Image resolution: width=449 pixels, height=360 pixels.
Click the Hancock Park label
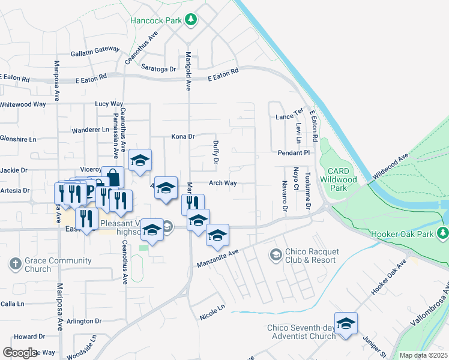[156, 20]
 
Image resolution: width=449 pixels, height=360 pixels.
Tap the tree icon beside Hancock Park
[191, 20]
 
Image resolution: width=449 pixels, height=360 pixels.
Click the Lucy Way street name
[109, 104]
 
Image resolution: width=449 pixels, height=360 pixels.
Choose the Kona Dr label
[183, 136]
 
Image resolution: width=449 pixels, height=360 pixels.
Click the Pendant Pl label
[293, 153]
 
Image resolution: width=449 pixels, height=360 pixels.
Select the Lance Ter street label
[289, 116]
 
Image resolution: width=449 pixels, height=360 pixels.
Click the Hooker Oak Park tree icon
[444, 232]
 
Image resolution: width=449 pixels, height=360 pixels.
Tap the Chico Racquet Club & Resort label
[312, 256]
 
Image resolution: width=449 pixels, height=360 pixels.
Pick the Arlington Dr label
[84, 322]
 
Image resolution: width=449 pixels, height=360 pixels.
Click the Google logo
[20, 353]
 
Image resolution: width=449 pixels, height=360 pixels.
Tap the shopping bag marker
[112, 178]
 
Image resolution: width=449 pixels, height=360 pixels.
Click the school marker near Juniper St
[346, 324]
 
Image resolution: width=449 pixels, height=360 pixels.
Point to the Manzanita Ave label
[218, 259]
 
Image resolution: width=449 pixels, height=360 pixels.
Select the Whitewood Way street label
[23, 104]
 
